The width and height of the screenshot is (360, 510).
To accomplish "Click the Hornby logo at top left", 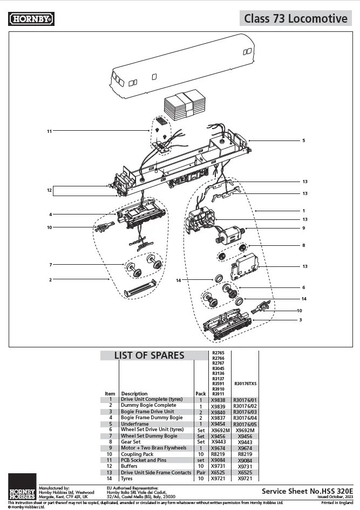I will tap(32, 19).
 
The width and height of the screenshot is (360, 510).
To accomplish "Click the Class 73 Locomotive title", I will tap(295, 18).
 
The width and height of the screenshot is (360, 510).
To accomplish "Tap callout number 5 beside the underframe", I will tap(303, 140).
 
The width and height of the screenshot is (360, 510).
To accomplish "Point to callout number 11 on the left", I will tap(49, 131).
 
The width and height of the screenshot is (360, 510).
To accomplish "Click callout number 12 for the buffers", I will tap(49, 190).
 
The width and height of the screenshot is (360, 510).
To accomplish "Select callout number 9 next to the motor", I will tap(303, 228).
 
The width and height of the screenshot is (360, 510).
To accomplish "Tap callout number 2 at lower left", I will tap(50, 280).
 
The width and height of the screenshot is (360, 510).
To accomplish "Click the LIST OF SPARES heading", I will tap(148, 355).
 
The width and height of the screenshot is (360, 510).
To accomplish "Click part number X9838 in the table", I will tap(219, 399).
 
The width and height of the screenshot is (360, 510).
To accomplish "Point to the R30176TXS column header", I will tap(245, 384).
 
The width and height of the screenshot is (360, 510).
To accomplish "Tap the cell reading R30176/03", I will tap(245, 412).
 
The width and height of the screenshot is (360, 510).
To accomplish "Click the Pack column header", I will tap(200, 394).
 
